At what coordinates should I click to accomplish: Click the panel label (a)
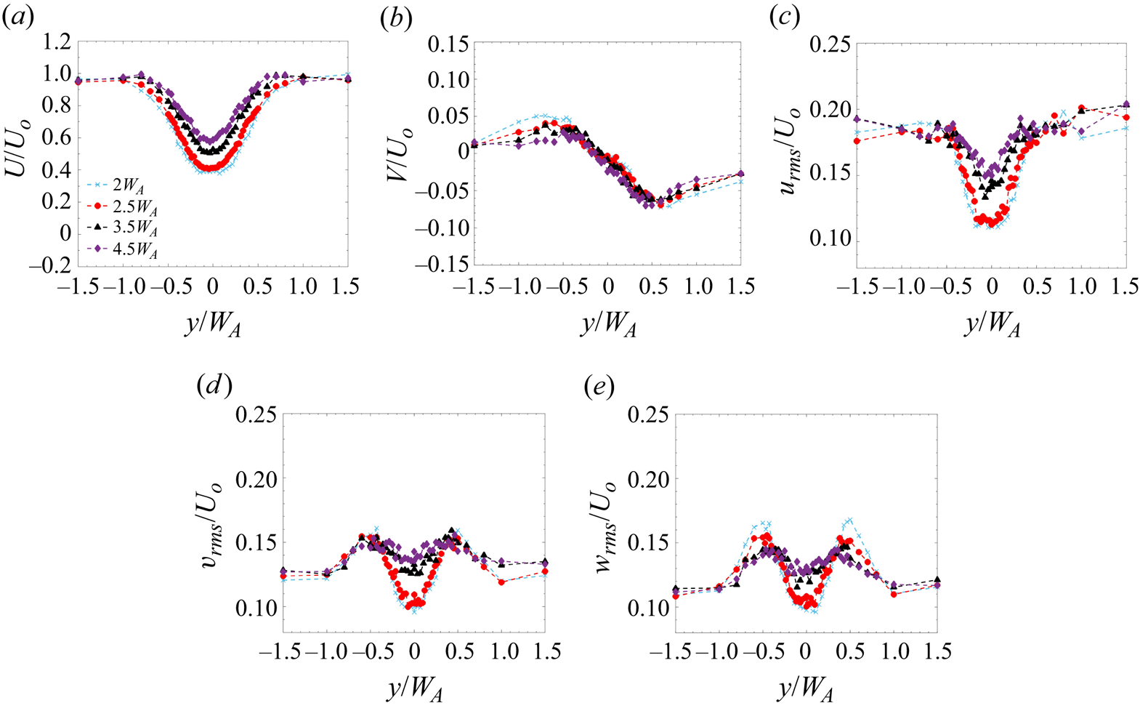(17, 20)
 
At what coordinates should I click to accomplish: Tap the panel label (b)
(396, 20)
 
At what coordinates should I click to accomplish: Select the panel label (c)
(785, 20)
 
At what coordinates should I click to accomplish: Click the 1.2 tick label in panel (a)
(53, 42)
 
